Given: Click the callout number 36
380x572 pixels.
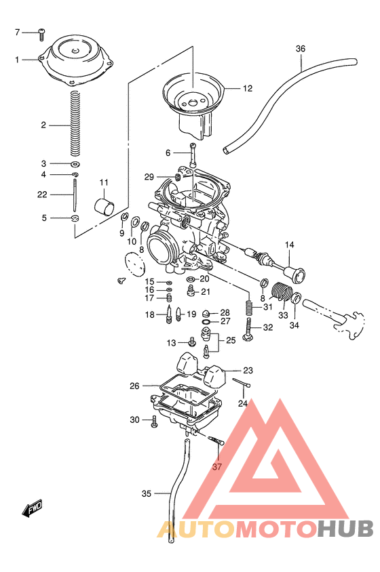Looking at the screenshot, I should click(x=301, y=48).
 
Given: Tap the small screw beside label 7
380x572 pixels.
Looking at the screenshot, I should click(x=41, y=31).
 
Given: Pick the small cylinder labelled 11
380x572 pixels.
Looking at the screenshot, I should click(x=104, y=206).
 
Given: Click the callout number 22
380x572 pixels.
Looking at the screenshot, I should click(x=42, y=195).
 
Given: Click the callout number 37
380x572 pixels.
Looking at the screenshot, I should click(x=217, y=467).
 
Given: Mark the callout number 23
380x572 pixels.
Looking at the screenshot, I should click(x=248, y=370).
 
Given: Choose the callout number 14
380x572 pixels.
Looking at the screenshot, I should click(x=290, y=244).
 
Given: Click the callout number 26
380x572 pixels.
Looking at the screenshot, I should click(x=135, y=386).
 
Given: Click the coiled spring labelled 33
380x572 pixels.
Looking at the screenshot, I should click(x=280, y=293).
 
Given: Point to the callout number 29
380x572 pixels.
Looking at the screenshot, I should click(x=149, y=177).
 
